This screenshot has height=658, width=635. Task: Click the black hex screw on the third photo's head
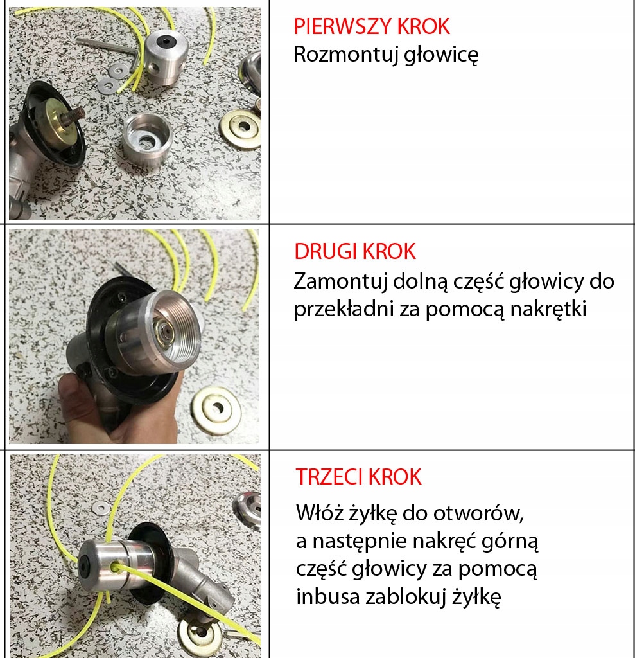pos(85,568)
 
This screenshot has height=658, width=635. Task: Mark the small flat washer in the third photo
pos(101,508)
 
